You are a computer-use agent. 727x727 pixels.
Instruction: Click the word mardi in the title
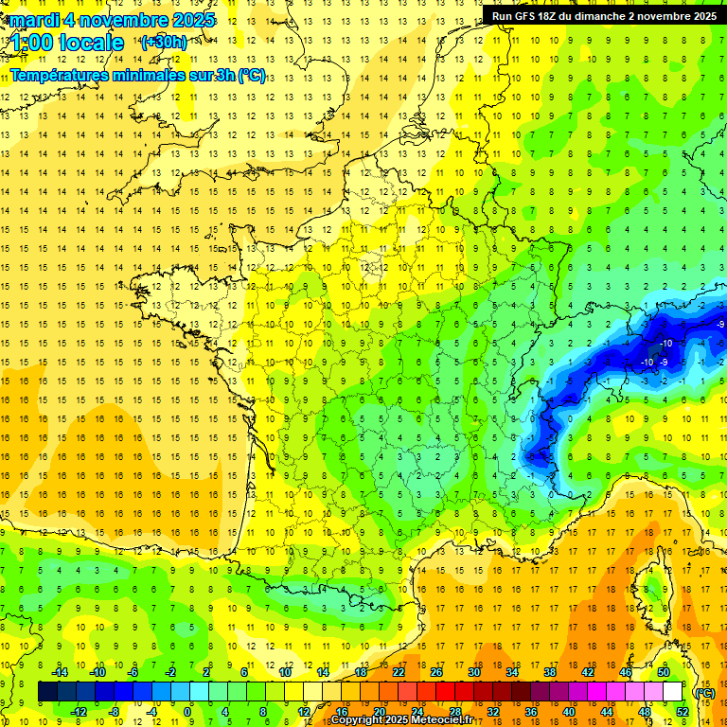(x=37, y=20)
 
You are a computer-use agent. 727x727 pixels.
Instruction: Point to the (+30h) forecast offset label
(x=163, y=43)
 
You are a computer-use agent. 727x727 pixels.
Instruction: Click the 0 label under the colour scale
(x=187, y=711)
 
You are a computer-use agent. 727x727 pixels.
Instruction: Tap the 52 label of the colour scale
(x=683, y=711)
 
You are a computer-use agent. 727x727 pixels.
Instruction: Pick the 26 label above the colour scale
(x=435, y=672)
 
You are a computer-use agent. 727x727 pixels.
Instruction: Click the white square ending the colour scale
(x=673, y=692)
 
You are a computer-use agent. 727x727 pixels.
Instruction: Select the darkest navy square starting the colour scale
(x=47, y=692)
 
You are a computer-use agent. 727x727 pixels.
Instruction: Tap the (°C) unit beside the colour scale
(x=704, y=692)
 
